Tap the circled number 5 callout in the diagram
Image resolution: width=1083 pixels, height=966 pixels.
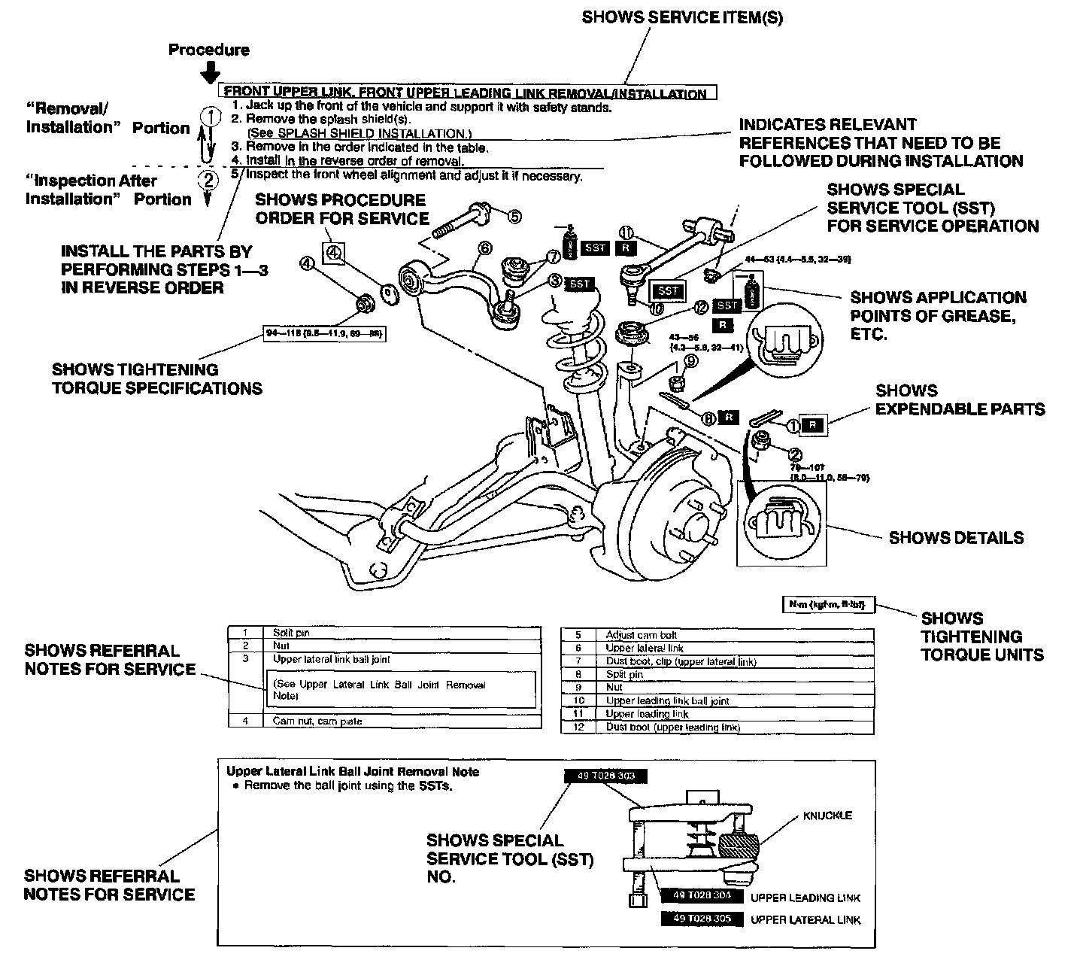pyautogui.click(x=514, y=216)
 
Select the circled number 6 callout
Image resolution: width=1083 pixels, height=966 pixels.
pyautogui.click(x=484, y=248)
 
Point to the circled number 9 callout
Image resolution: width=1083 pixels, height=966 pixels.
pyautogui.click(x=690, y=361)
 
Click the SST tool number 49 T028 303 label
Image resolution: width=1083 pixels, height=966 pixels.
pyautogui.click(x=605, y=776)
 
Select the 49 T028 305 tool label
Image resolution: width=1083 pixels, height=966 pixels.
pyautogui.click(x=701, y=919)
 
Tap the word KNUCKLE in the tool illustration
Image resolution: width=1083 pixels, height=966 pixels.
pyautogui.click(x=827, y=816)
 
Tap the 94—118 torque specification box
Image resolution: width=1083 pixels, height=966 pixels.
pyautogui.click(x=325, y=333)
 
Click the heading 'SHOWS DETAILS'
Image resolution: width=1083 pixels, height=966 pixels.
pyautogui.click(x=956, y=538)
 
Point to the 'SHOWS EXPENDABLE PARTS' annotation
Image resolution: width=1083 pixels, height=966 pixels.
pyautogui.click(x=960, y=400)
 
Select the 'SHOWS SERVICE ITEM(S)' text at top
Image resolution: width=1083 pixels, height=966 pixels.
pyautogui.click(x=682, y=18)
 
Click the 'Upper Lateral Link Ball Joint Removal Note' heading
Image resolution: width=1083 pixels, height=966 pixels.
pyautogui.click(x=352, y=772)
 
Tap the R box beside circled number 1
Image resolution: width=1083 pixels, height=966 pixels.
pyautogui.click(x=811, y=425)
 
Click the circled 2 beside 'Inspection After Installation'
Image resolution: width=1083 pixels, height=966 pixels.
pyautogui.click(x=208, y=180)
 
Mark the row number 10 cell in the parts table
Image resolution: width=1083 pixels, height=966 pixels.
pyautogui.click(x=578, y=700)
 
